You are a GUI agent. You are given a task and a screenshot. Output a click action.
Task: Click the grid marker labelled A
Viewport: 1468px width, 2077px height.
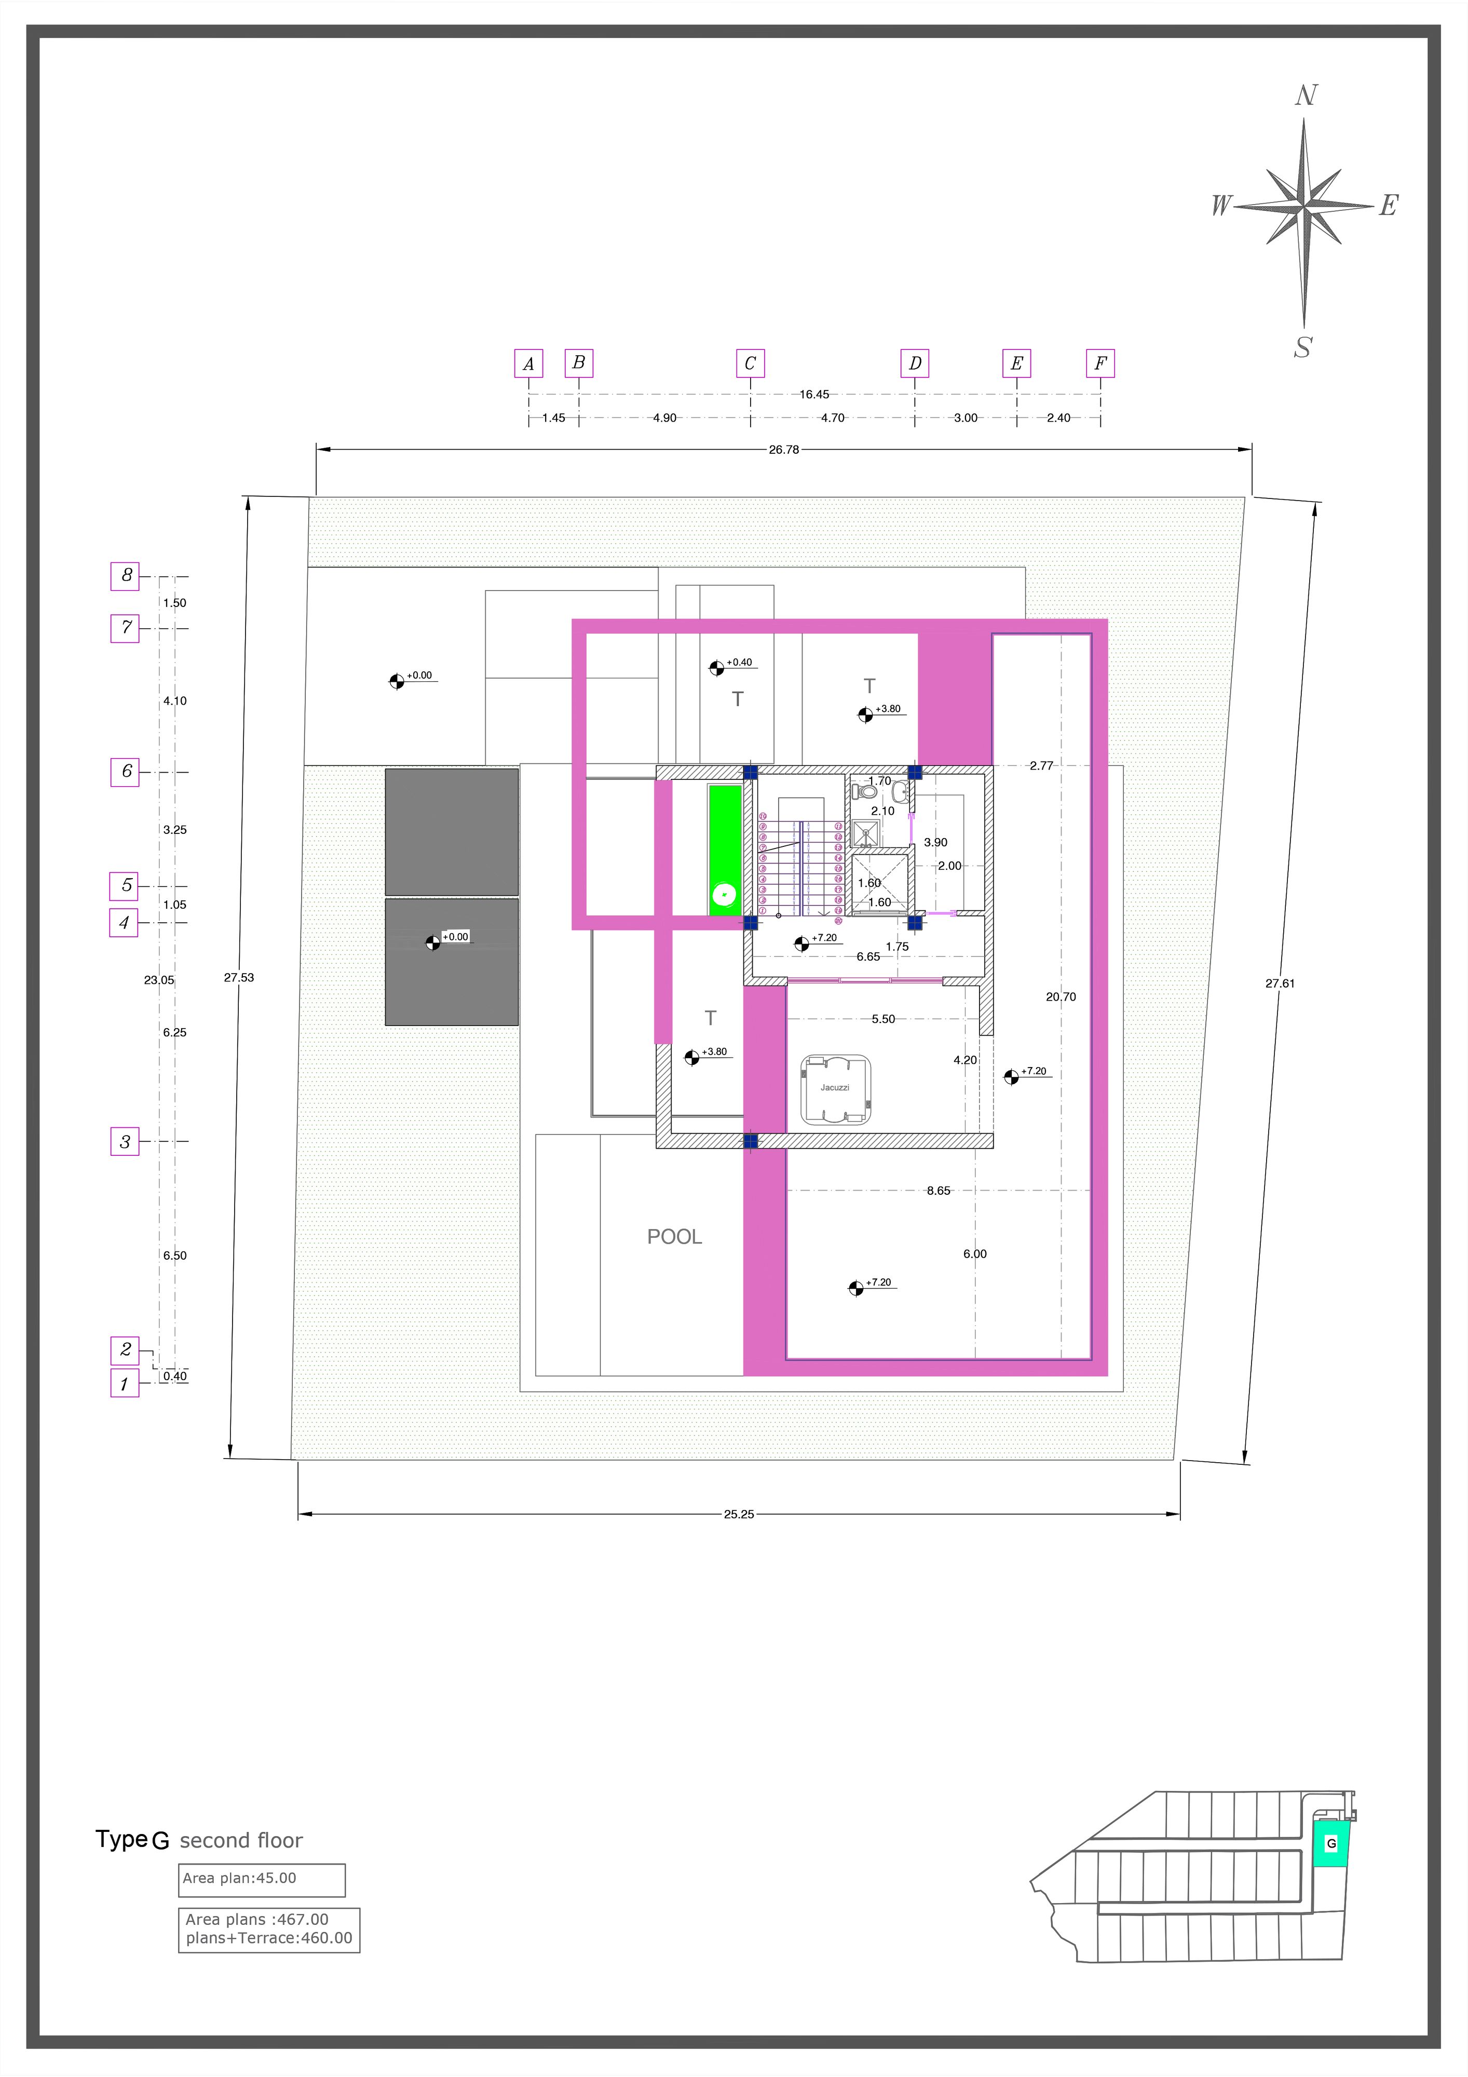528,363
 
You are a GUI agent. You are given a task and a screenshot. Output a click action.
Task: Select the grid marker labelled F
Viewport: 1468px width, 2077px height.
1100,363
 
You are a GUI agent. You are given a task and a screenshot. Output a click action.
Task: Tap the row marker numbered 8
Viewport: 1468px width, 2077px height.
125,575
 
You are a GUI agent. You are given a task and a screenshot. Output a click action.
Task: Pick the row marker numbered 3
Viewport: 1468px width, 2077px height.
125,1142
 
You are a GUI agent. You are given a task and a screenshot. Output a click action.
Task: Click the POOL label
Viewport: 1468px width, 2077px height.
675,1237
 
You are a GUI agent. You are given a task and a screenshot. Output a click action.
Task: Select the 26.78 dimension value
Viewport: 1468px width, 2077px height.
784,450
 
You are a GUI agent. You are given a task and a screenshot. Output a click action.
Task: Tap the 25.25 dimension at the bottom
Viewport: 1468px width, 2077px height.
739,1514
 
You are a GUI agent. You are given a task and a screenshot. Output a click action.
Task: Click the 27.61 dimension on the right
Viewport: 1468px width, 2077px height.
1280,983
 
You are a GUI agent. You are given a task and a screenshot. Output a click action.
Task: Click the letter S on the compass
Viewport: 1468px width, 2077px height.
1302,347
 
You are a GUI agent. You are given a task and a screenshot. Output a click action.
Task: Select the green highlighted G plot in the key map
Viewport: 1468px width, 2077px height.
1329,1843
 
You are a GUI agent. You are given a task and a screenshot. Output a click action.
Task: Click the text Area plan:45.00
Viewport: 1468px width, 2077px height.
240,1878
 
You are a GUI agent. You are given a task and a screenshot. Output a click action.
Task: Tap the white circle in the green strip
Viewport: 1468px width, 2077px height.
724,896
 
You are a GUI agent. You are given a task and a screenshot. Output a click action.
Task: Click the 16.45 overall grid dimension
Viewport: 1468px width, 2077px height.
814,395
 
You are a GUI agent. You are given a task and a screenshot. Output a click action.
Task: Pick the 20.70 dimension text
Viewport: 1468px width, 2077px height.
1061,997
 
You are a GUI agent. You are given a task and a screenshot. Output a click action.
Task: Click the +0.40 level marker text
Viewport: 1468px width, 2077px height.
739,662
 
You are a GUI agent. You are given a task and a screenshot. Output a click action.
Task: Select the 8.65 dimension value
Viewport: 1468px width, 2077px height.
939,1191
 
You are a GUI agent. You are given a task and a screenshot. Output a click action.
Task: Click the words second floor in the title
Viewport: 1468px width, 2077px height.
241,1841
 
